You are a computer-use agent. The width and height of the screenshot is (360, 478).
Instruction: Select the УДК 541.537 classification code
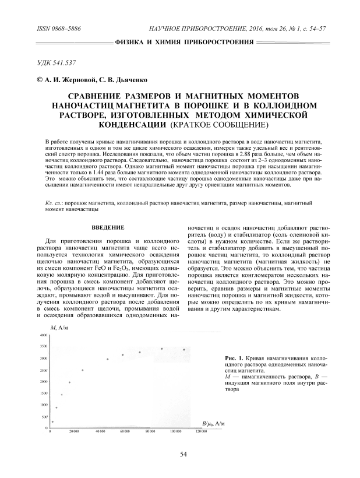(x=57, y=62)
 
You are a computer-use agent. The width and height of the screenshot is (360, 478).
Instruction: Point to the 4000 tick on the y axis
(x=44, y=336)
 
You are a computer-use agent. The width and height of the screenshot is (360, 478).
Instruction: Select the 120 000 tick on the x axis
(x=200, y=431)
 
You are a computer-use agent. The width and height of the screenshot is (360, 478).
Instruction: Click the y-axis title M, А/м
(x=61, y=329)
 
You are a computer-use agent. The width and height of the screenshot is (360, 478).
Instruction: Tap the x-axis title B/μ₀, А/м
(x=214, y=422)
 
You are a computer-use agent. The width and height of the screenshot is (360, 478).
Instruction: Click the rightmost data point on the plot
(x=184, y=350)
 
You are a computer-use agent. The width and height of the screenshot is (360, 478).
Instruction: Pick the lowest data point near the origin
(x=52, y=421)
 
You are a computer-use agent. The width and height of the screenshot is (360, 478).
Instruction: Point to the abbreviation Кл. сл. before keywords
(x=54, y=201)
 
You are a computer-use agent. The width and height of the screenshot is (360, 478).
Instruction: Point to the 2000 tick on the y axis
(x=44, y=382)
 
